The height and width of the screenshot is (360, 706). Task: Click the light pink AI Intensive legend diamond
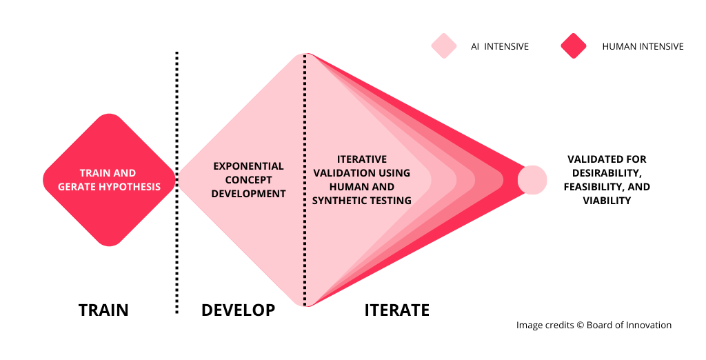(444, 46)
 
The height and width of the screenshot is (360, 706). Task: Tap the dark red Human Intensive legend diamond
(574, 46)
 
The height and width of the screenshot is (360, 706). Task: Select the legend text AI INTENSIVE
(500, 46)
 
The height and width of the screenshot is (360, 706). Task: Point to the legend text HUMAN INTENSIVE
(643, 46)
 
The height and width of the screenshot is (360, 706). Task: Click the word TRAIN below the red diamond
(103, 310)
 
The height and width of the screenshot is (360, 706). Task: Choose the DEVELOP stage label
(238, 310)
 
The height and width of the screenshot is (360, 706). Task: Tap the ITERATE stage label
(396, 310)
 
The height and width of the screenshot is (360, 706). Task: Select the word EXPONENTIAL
(248, 166)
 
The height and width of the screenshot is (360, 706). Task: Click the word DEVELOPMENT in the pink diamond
(248, 194)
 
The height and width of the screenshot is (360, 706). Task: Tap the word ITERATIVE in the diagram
(362, 159)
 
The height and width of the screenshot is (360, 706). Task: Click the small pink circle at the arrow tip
(532, 180)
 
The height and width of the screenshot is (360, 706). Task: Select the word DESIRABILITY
(606, 173)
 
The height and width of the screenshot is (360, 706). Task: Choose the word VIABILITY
(607, 201)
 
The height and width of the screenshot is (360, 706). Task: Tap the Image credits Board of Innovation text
(594, 326)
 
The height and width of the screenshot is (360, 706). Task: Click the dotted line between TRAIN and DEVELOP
(176, 183)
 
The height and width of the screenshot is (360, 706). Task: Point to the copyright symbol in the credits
(580, 326)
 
